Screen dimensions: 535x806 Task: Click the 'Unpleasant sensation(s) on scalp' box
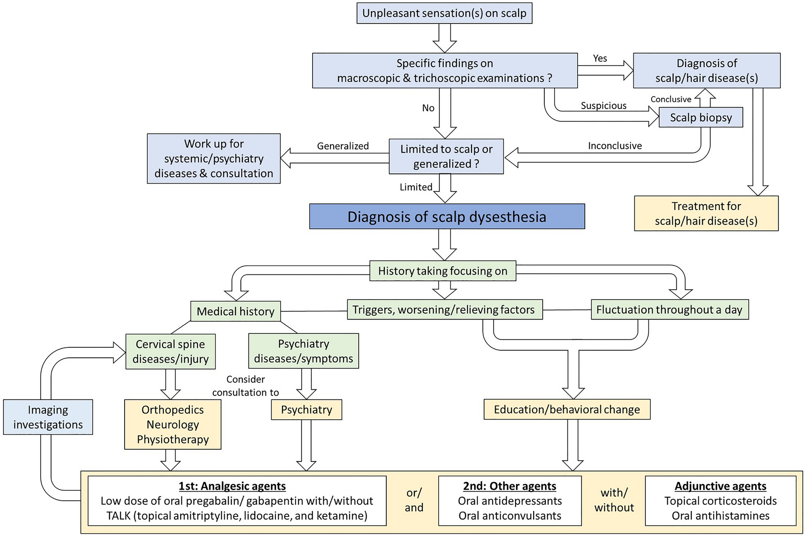444,13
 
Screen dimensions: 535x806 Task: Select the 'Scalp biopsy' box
701,117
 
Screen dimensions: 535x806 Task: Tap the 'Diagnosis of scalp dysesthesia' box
447,217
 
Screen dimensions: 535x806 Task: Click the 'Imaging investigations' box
48,417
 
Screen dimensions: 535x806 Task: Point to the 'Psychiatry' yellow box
306,410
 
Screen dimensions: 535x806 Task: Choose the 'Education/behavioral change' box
567,409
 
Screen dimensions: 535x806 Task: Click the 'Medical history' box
236,311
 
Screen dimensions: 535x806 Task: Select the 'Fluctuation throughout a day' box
670,310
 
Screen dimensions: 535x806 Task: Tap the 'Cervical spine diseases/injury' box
170,351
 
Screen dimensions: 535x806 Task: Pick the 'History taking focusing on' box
442,271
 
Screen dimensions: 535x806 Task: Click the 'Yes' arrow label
600,58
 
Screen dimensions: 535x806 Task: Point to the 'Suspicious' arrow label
604,106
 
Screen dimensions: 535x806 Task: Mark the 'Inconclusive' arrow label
615,146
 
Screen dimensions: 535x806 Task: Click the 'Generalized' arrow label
343,146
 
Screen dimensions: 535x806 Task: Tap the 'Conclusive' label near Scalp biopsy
671,99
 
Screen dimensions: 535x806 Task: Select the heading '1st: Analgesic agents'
232,486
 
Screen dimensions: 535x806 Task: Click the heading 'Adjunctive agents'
720,486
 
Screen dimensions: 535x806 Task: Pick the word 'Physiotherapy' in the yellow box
173,439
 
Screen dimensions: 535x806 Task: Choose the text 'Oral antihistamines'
720,516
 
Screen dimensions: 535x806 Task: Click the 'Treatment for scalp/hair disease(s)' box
706,214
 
